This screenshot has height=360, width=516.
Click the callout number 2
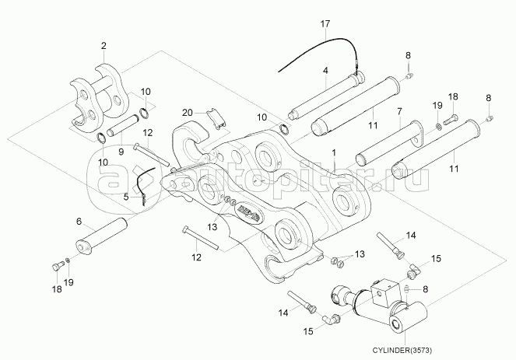pos(104,45)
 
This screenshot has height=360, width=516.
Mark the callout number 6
pos(79,222)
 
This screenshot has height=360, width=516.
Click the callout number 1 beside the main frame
pos(334,154)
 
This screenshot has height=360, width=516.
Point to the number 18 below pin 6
pos(56,289)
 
